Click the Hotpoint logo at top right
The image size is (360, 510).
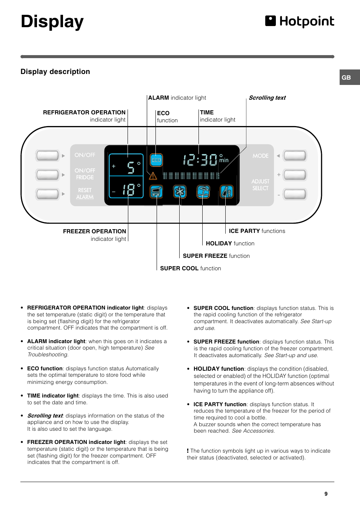[300, 22]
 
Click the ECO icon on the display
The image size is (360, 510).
[156, 160]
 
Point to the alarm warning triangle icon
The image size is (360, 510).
[153, 176]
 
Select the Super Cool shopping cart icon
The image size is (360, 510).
[156, 192]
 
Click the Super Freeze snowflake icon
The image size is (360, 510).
[180, 192]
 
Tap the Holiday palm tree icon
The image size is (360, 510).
[203, 192]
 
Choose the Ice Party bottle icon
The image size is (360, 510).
[226, 192]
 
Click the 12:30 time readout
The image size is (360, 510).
[200, 160]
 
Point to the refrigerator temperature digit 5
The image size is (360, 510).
[131, 167]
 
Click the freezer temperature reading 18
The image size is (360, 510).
[129, 189]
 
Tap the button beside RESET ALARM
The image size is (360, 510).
[48, 194]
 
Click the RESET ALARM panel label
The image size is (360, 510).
[85, 194]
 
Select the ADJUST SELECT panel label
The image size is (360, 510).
[260, 185]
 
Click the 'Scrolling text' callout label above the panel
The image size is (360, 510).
[267, 98]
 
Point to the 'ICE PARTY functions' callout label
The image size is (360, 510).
[257, 231]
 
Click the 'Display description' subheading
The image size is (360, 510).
[55, 72]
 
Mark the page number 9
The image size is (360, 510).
[326, 494]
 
